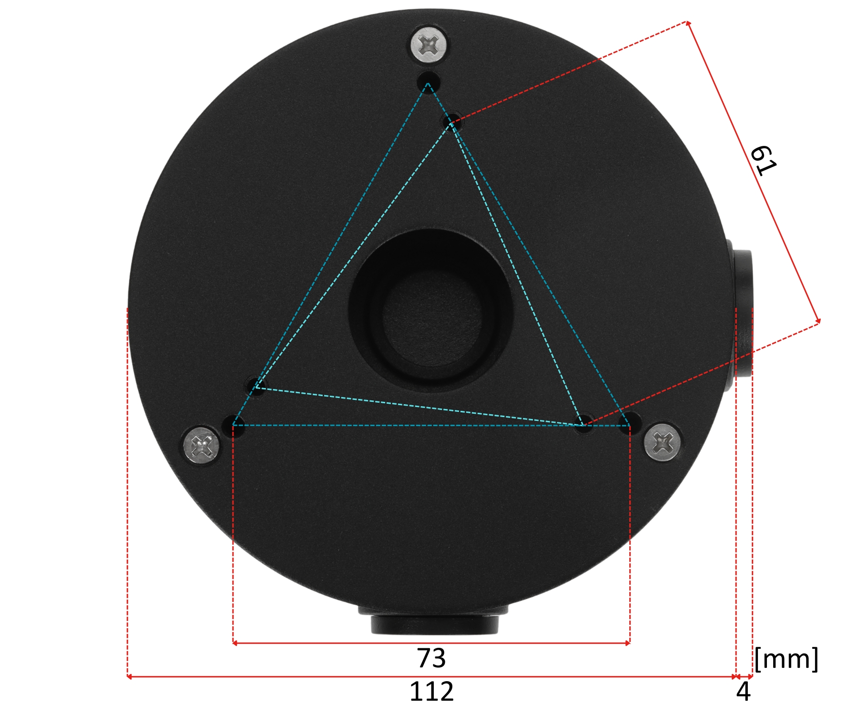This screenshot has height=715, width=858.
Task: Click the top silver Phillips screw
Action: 429,46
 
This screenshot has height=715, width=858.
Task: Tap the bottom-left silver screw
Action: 202,445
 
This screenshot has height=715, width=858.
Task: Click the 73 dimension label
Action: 431,658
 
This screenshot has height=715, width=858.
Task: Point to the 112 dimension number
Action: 431,691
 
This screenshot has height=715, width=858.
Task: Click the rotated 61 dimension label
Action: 763,161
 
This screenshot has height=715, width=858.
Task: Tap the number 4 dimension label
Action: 743,691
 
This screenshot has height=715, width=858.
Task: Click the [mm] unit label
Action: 786,659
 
